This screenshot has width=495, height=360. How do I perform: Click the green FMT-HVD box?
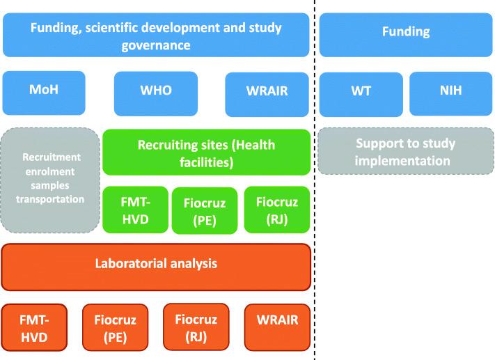(x=135, y=210)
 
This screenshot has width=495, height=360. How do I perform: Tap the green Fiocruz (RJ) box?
(x=276, y=209)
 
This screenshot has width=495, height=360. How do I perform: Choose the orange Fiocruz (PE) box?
(x=115, y=327)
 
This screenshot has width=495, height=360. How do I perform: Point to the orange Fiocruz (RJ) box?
(x=196, y=327)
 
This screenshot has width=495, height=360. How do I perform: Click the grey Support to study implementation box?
(x=405, y=152)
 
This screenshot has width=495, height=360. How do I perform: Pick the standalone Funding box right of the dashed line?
(x=406, y=33)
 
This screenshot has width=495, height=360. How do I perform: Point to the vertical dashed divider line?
(x=315, y=209)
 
